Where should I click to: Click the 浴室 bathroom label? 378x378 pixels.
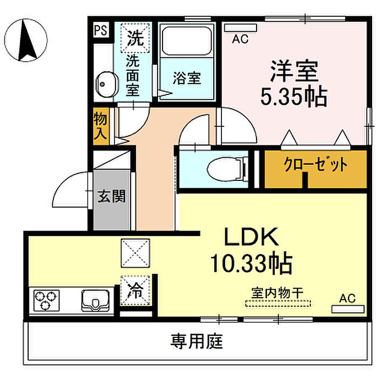point(187,78)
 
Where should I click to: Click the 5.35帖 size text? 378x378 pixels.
point(294,97)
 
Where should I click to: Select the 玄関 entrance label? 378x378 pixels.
point(112,196)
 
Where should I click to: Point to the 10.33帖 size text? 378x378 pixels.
point(251,264)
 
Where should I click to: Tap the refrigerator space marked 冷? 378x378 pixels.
point(134,290)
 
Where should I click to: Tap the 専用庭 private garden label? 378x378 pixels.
point(197,341)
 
